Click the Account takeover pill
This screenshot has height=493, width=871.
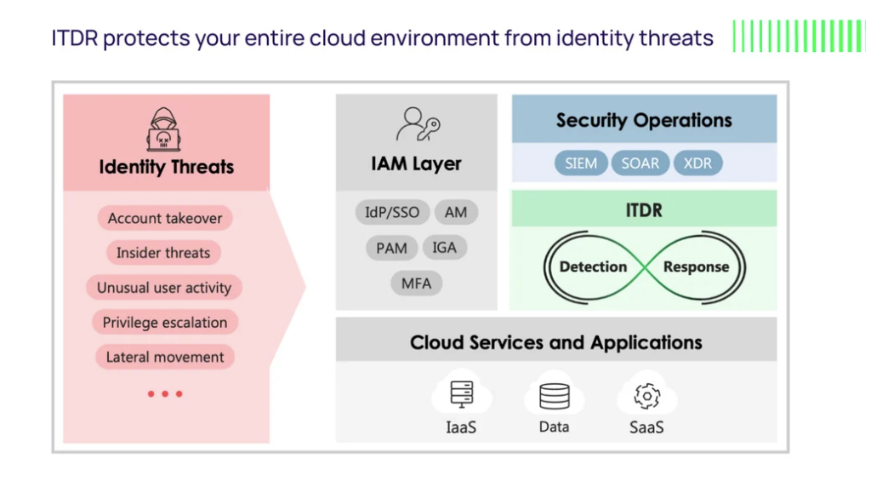click(x=165, y=218)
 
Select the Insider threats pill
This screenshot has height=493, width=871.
click(x=163, y=253)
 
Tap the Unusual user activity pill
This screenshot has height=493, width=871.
click(x=164, y=287)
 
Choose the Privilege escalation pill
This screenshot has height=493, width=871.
click(x=165, y=323)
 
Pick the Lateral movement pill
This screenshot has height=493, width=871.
click(x=165, y=357)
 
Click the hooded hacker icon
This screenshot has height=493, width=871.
click(x=163, y=129)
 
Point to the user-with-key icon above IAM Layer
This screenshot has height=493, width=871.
click(x=418, y=124)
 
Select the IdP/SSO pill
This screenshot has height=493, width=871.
click(x=392, y=212)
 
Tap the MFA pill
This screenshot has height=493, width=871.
click(x=416, y=284)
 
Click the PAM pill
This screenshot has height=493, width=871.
click(x=391, y=248)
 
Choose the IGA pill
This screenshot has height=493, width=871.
click(x=444, y=247)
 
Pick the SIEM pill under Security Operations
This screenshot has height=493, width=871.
click(x=581, y=163)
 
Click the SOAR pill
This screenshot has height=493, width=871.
click(x=640, y=163)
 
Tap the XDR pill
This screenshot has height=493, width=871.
click(x=697, y=163)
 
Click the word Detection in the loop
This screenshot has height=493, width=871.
click(x=593, y=267)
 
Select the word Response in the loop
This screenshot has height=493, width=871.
click(x=696, y=267)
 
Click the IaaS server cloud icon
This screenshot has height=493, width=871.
click(x=462, y=393)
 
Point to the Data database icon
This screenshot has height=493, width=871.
click(x=555, y=394)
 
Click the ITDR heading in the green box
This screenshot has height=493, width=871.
click(x=644, y=210)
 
